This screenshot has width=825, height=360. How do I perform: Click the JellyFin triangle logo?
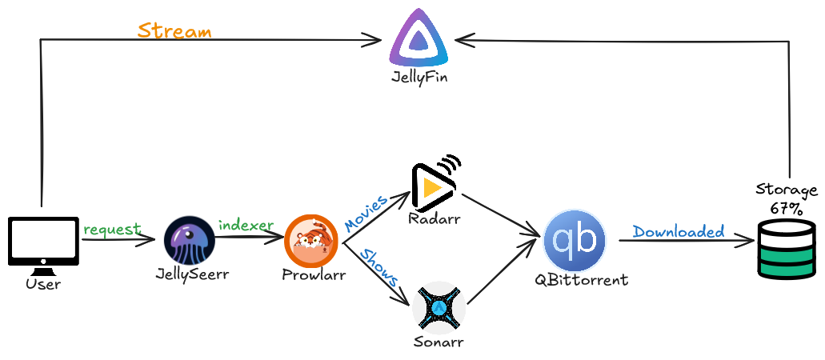click(x=419, y=42)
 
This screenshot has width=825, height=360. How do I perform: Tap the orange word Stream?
click(x=174, y=31)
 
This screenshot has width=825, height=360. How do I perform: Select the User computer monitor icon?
click(x=43, y=241)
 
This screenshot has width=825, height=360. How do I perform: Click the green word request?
click(x=112, y=230)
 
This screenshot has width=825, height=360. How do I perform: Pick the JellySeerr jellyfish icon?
click(x=190, y=240)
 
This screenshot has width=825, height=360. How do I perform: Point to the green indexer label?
click(x=246, y=225)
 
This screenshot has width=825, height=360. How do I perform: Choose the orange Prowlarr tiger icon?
click(x=310, y=240)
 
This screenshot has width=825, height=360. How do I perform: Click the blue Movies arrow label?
click(x=366, y=212)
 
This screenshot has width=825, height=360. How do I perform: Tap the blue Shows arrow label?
click(x=379, y=268)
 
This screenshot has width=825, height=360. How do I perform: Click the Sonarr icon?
click(x=439, y=306)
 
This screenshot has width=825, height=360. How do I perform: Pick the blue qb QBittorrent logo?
click(x=575, y=240)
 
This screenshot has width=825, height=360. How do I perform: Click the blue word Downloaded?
click(x=679, y=231)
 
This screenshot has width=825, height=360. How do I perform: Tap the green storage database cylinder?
click(x=787, y=250)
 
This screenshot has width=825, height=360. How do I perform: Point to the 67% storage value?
click(x=787, y=208)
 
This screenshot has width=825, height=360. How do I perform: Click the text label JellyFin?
click(x=419, y=78)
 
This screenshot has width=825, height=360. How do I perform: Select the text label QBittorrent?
click(x=581, y=280)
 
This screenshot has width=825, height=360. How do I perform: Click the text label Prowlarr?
click(x=314, y=275)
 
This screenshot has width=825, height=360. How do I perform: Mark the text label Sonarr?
click(x=439, y=342)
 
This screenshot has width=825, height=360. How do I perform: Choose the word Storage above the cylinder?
click(x=787, y=190)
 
